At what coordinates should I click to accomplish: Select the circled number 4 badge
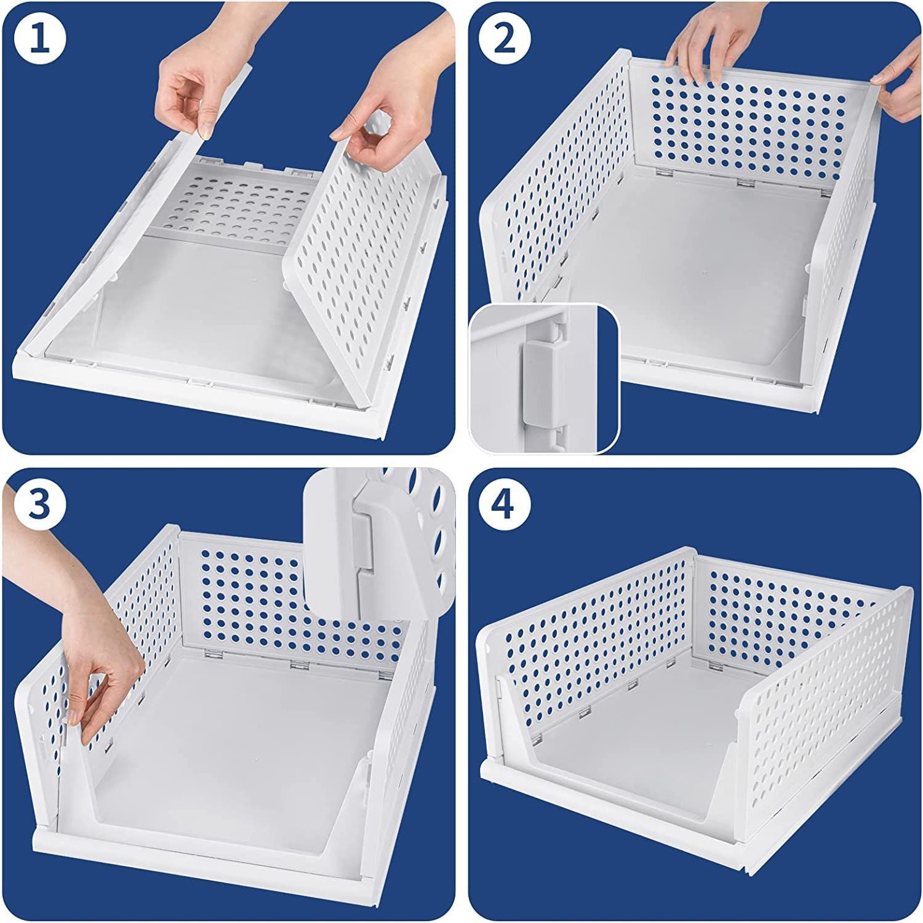tap(504, 505)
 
